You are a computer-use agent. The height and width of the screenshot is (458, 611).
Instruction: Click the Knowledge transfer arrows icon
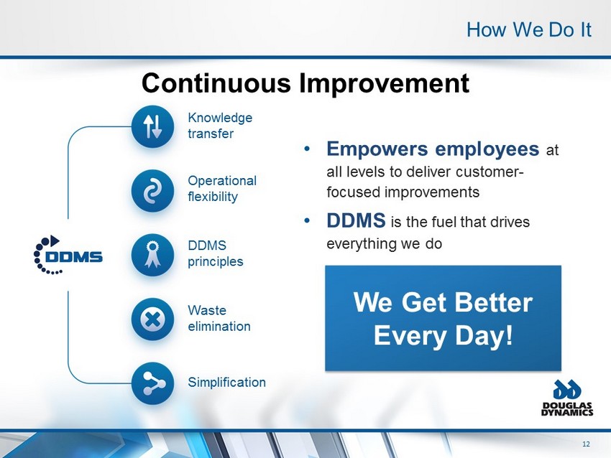click(x=152, y=126)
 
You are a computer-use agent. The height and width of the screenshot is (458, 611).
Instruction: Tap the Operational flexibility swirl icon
click(x=152, y=191)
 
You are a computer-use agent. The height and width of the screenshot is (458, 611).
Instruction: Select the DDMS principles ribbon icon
click(x=152, y=255)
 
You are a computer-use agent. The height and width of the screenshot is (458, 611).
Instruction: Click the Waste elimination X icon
click(x=152, y=319)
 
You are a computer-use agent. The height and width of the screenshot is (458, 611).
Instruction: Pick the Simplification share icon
click(x=152, y=383)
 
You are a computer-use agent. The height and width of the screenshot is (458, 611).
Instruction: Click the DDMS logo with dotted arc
click(x=68, y=255)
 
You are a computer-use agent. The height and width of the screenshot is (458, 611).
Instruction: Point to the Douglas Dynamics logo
click(x=567, y=398)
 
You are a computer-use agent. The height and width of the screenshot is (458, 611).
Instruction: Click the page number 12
click(x=586, y=444)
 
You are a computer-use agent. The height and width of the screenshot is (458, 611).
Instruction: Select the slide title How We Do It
click(x=529, y=30)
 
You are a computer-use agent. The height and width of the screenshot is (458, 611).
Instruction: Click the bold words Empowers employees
click(x=433, y=149)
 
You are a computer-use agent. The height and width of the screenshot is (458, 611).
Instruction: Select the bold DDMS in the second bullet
click(x=356, y=220)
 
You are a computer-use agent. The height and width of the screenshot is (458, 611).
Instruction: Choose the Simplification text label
click(x=226, y=382)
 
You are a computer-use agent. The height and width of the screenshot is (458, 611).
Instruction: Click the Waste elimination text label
click(x=219, y=318)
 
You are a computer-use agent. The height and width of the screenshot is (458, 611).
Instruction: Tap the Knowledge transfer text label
click(x=220, y=126)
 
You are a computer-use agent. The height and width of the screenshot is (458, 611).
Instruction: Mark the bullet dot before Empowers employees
click(x=308, y=149)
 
